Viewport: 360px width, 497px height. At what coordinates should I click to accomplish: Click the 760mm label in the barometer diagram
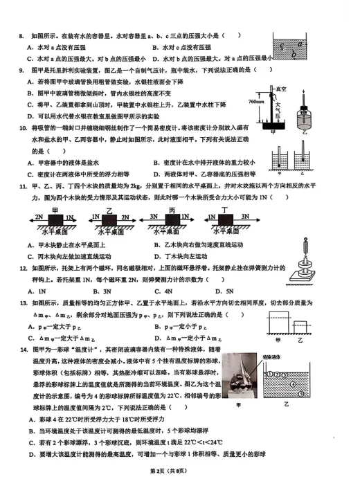pos(255,102)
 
